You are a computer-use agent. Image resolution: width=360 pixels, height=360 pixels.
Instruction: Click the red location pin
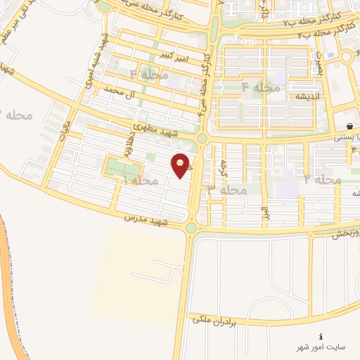182,165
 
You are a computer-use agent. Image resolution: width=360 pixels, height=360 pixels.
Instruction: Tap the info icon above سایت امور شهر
321,336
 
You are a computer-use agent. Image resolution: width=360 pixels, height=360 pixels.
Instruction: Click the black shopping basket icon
349,126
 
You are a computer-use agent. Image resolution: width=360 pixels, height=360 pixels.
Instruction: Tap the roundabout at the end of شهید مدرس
191,227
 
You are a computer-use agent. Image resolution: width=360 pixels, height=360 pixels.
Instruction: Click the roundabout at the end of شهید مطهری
202,138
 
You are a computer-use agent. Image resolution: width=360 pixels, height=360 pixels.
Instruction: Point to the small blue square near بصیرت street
330,73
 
